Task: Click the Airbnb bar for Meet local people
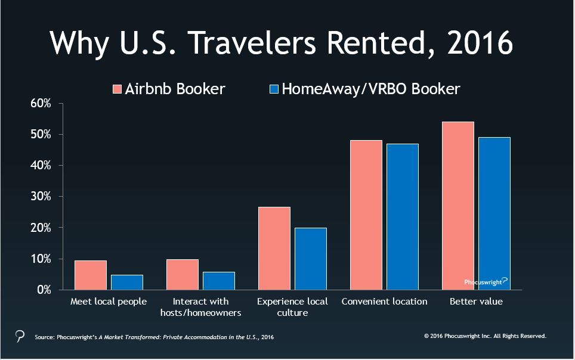tap(91, 275)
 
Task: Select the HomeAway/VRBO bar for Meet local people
tap(127, 283)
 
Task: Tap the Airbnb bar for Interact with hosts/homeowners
tap(183, 275)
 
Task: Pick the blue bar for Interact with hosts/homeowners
tap(219, 281)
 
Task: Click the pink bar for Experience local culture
tap(274, 248)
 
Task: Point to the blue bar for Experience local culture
tap(311, 259)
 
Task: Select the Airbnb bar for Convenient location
tap(366, 215)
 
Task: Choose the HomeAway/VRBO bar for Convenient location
tap(403, 217)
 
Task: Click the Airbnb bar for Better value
tap(458, 206)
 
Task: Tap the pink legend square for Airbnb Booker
tap(117, 89)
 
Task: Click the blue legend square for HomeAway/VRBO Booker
tap(274, 89)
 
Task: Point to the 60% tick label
tap(41, 103)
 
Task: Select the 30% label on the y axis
tap(41, 197)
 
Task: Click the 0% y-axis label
tap(44, 290)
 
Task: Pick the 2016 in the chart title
tap(480, 42)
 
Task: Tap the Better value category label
tap(476, 302)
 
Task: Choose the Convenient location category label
tap(384, 302)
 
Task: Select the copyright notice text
tap(485, 336)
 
